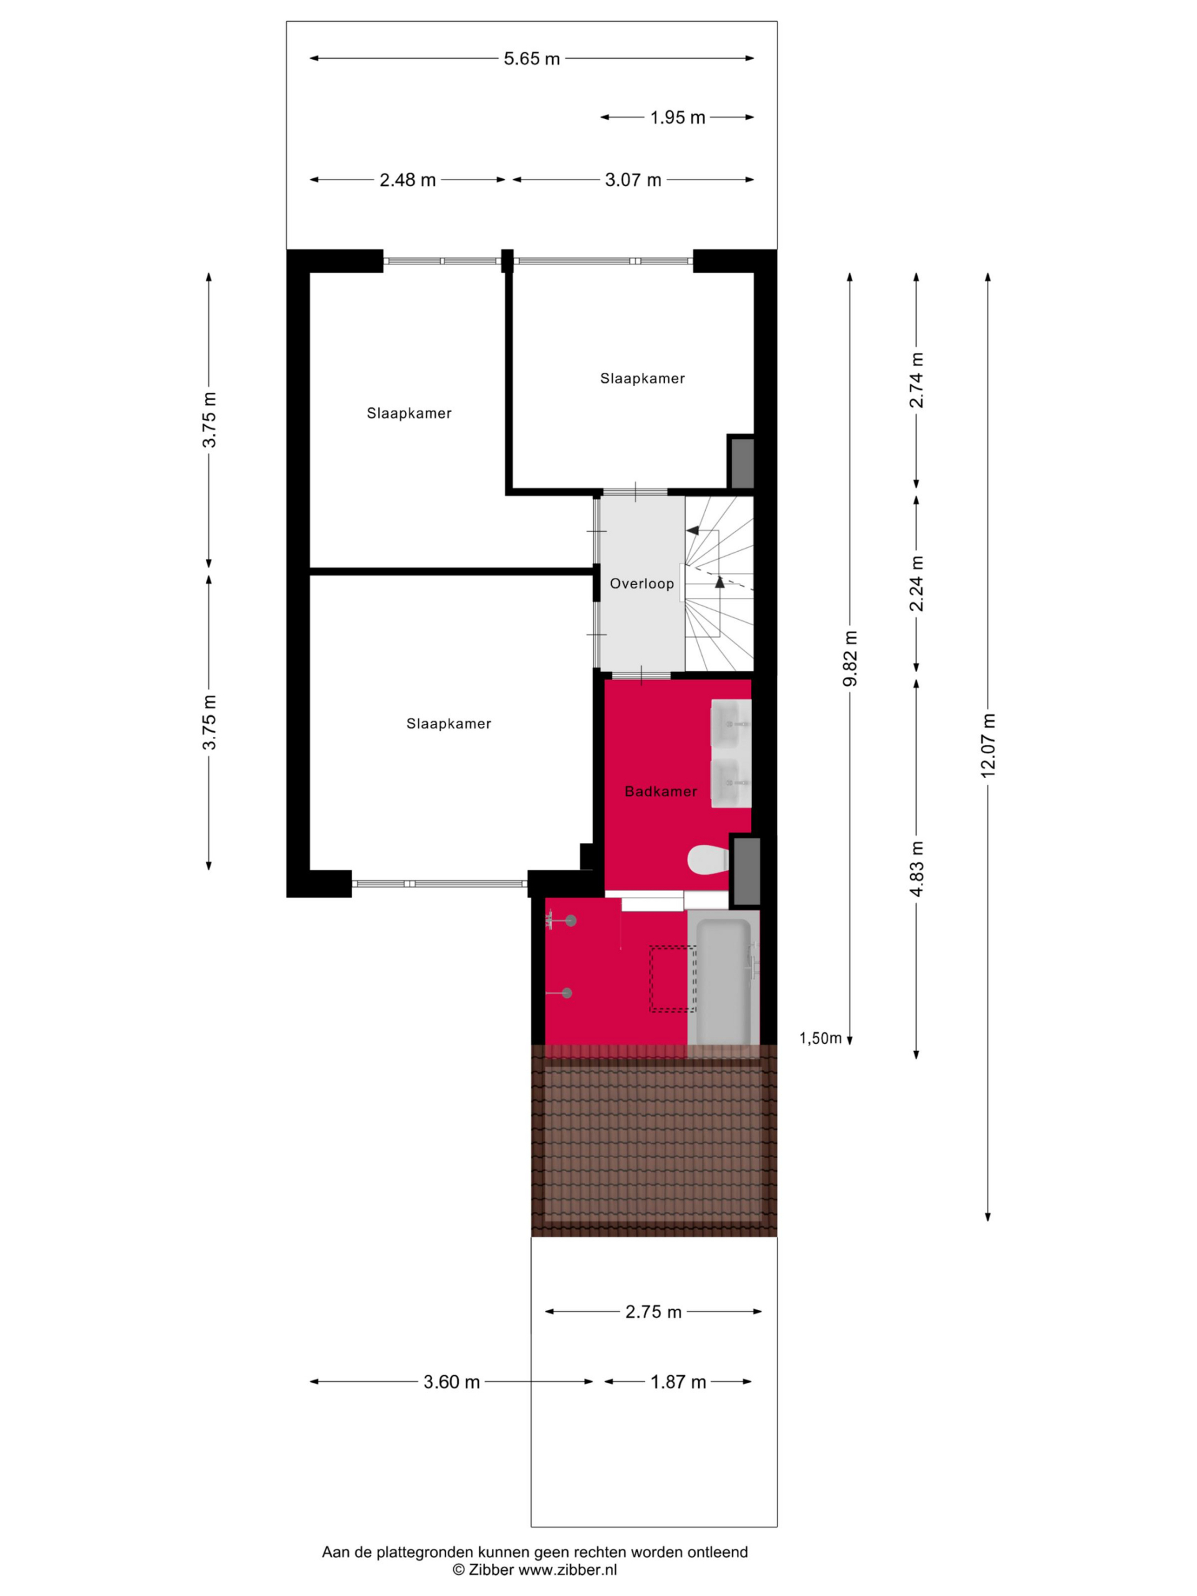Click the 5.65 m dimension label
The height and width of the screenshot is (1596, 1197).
532,59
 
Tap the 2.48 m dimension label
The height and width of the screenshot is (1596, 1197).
408,180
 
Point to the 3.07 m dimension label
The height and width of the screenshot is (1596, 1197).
633,180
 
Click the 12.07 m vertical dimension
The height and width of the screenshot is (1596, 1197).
988,746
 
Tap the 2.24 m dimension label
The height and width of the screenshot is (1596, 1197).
916,584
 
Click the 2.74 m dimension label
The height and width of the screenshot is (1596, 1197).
916,380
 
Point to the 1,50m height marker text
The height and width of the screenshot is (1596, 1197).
820,1038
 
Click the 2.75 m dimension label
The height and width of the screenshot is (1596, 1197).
653,1312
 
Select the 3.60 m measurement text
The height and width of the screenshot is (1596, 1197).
451,1382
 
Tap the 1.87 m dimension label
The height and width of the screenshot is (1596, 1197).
678,1382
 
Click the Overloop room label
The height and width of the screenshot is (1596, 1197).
642,584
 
